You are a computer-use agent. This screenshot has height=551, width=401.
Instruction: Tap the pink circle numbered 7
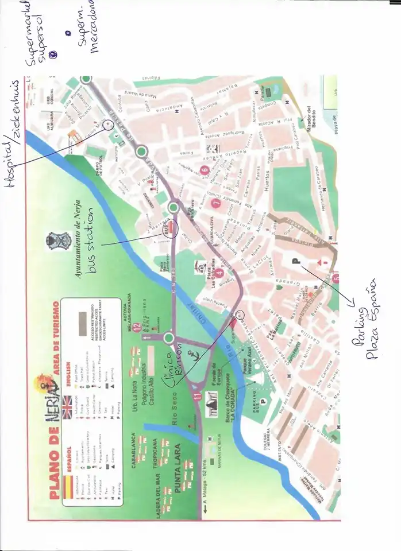click(x=216, y=202)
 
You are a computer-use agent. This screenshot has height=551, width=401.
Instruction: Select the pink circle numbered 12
click(x=137, y=328)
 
